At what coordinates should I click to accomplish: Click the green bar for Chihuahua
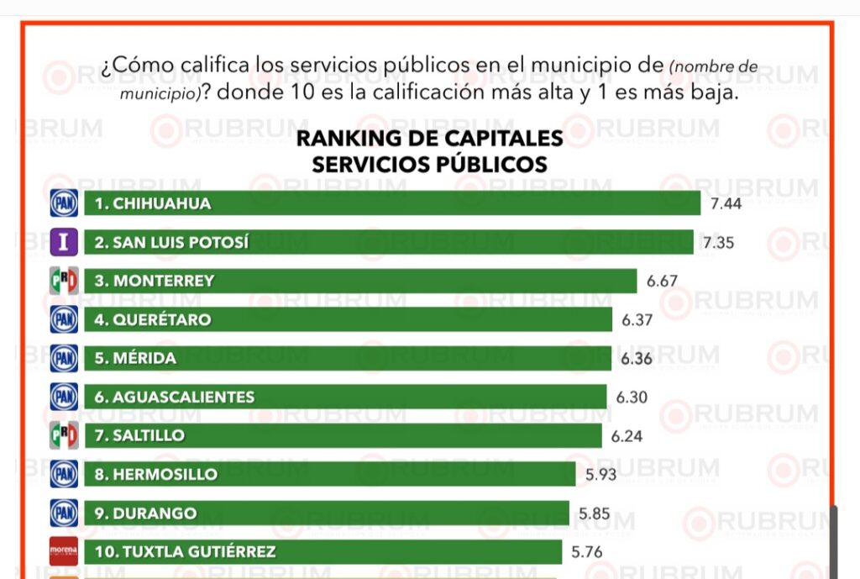pos(392,203)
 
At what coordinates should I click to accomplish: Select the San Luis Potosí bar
pos(389,242)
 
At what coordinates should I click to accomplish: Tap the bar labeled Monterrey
pos(360,281)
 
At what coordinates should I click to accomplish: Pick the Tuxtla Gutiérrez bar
pos(322,552)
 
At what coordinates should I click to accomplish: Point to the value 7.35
pos(719,242)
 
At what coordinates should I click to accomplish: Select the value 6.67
pos(662,281)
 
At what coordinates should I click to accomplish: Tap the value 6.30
pos(632,397)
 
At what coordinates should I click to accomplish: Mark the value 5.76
pos(588,552)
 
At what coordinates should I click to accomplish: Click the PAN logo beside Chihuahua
pos(64,203)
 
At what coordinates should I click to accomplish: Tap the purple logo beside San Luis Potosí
pos(64,242)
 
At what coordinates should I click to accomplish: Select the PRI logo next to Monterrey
pos(64,281)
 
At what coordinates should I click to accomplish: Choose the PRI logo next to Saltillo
pos(64,435)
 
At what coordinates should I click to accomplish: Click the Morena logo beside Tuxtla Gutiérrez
pos(64,552)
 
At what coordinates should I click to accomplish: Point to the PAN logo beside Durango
pos(64,513)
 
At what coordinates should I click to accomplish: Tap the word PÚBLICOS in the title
pos(490,164)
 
